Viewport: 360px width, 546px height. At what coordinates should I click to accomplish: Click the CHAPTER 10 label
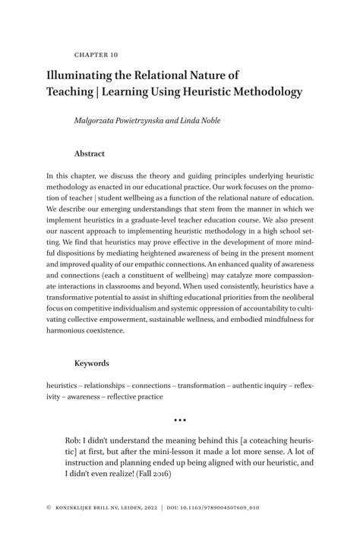(96, 55)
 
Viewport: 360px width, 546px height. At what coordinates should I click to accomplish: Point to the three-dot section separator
(180, 419)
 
